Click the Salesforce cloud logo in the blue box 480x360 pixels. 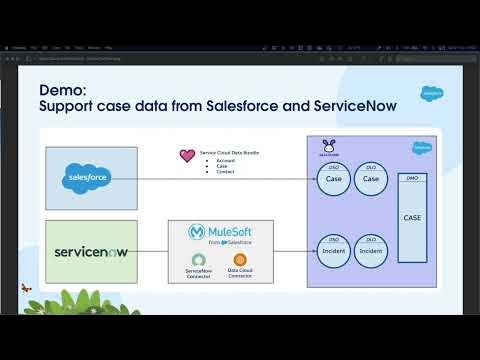click(90, 177)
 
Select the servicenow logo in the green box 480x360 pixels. click(91, 245)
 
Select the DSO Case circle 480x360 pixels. click(334, 177)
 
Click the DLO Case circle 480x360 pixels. click(371, 177)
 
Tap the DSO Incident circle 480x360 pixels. click(334, 250)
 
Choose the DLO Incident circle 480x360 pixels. click(371, 250)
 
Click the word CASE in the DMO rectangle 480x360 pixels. click(412, 216)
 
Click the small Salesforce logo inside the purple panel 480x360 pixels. click(420, 147)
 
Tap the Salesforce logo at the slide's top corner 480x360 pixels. click(433, 93)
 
